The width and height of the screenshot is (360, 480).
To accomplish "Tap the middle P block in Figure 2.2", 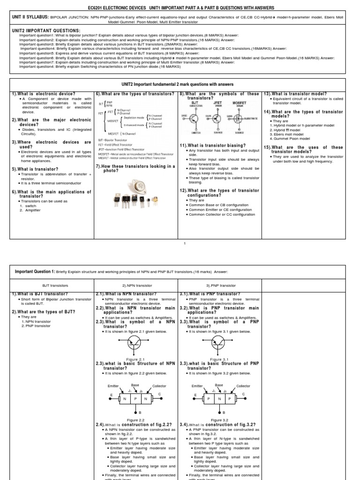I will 135,398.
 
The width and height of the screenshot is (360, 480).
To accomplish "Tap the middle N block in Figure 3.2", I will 219,398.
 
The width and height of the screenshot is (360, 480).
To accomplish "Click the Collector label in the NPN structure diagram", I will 159,386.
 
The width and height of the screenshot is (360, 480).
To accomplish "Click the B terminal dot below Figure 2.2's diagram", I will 135,412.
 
